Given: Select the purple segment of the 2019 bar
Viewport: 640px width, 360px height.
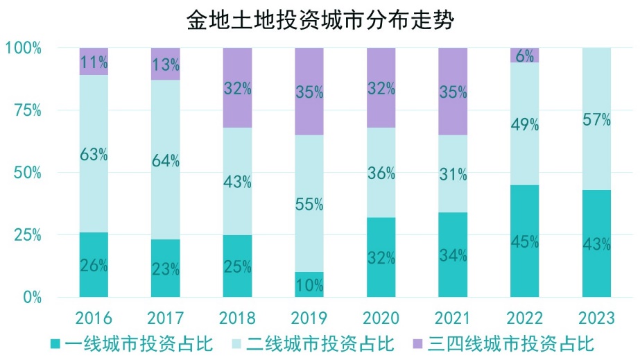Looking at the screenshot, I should (309, 91).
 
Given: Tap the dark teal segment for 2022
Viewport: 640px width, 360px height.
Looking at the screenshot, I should (524, 241).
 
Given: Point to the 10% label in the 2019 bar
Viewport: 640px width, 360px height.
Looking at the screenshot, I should (309, 285).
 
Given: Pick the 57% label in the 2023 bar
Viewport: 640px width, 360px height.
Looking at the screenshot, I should (596, 120).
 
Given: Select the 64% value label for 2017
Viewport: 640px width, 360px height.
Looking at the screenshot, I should (166, 160).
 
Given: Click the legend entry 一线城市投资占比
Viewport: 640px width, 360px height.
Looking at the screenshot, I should (131, 343).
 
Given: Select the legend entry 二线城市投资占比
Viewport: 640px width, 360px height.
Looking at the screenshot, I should (312, 343).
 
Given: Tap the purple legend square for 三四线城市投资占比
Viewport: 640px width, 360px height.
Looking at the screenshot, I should (418, 343).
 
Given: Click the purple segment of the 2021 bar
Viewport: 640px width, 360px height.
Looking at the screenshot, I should (453, 91).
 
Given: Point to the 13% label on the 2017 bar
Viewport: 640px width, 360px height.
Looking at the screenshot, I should (166, 65).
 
